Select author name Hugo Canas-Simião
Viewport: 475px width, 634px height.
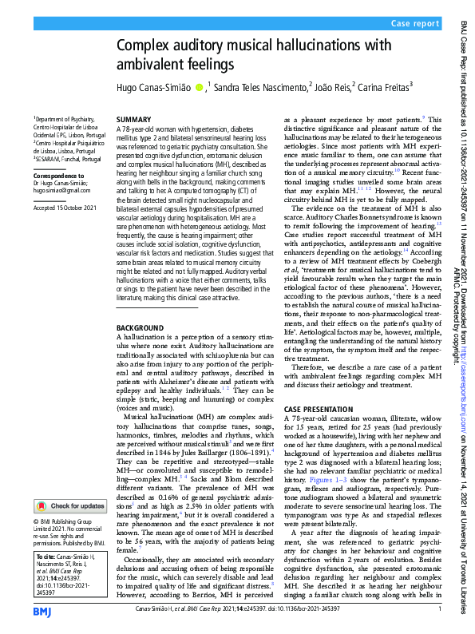(x=153, y=86)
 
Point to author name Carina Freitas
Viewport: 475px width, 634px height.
(x=382, y=86)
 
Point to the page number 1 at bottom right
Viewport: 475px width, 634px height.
(x=440, y=609)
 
